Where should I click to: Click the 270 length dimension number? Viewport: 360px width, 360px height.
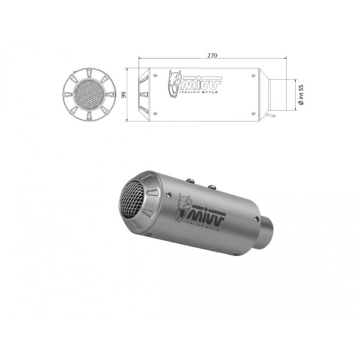click(212, 55)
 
